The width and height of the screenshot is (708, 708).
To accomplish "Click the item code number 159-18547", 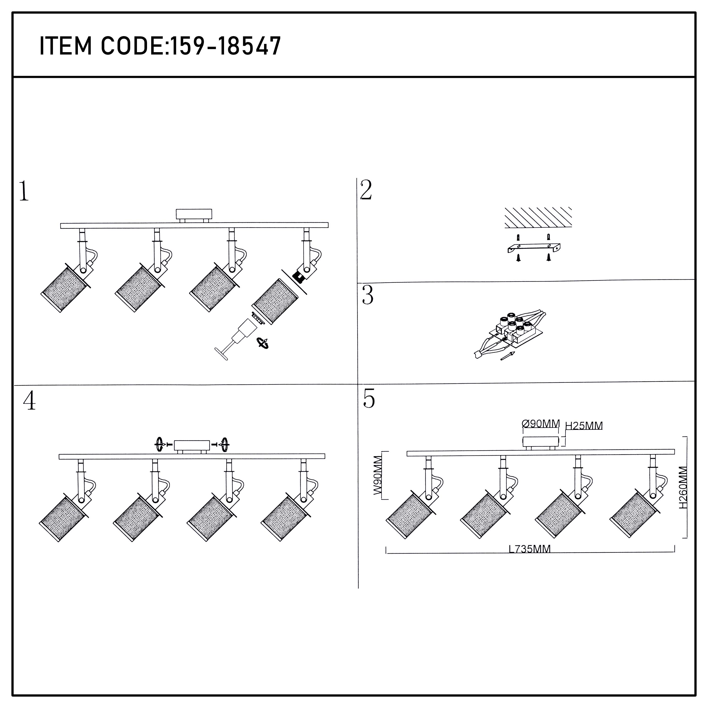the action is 226,46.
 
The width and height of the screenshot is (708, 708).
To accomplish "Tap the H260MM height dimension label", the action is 683,487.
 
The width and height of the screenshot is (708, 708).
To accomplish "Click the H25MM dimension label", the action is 584,426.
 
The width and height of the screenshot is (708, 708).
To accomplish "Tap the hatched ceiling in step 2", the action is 538,217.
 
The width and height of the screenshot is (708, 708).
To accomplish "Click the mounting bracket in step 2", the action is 534,248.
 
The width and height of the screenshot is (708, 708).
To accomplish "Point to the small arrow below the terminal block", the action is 508,356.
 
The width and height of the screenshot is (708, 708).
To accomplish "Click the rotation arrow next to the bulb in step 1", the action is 263,343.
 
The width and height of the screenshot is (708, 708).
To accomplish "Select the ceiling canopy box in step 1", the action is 194,216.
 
